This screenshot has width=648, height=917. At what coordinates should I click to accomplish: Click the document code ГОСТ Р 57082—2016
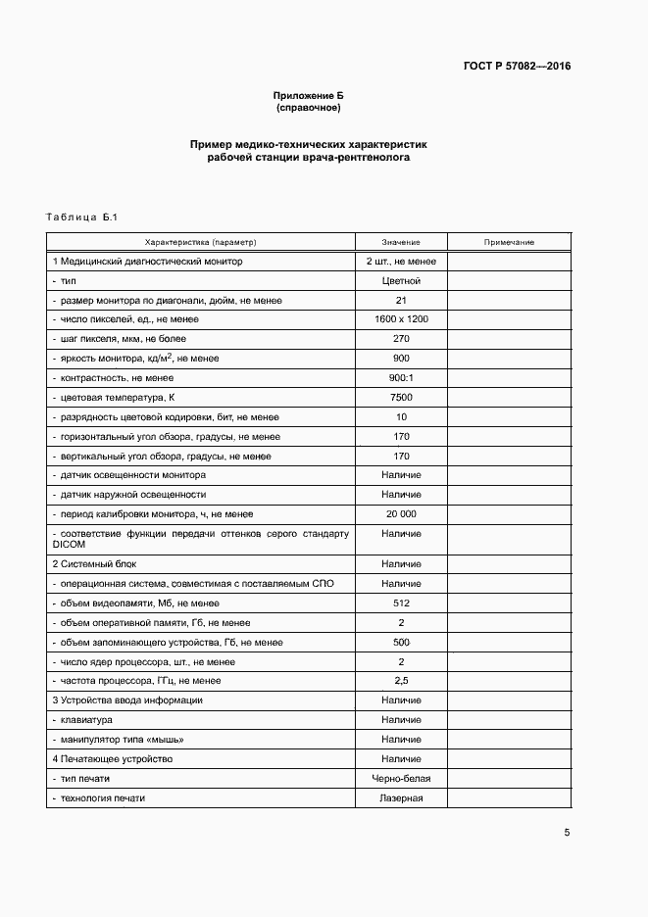pos(516,67)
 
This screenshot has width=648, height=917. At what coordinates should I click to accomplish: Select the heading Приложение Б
pos(309,95)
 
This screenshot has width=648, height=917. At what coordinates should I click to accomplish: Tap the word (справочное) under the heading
pos(309,107)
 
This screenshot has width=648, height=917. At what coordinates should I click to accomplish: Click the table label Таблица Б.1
pos(81,217)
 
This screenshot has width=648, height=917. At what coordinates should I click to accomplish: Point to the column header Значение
pos(401,242)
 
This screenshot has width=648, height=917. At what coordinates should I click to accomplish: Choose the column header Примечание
pos(509,242)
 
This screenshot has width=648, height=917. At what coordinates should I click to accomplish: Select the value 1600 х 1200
pos(401,319)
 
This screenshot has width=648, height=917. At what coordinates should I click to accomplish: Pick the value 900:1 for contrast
pos(401,378)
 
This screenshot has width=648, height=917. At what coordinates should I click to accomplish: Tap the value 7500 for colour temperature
pos(401,398)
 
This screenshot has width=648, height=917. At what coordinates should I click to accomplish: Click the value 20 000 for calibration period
pos(401,514)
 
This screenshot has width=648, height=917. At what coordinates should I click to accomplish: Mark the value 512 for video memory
pos(401,603)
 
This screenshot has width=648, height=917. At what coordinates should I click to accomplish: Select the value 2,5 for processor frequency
pos(401,681)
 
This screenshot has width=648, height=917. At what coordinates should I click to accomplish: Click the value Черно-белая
pos(401,779)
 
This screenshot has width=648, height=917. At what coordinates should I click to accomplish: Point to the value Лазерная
pos(401,798)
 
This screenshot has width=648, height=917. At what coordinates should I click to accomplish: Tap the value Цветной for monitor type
pos(401,281)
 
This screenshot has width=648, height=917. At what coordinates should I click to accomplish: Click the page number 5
pos(567,833)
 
